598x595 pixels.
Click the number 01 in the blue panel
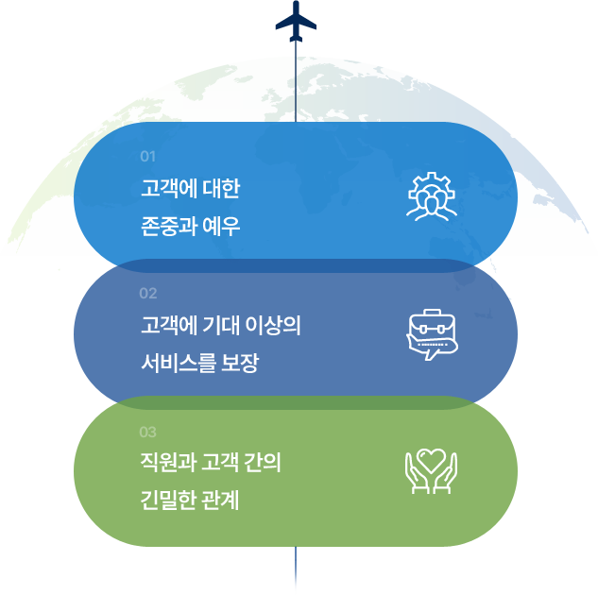147,156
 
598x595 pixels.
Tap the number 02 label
147,293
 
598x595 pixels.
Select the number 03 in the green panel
147,433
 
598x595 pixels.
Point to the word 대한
222,189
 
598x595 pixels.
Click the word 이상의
280,327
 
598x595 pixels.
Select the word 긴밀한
167,501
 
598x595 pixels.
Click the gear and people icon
431,196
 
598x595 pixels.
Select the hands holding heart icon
431,470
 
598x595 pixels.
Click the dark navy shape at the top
296,21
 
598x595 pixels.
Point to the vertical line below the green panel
296,570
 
